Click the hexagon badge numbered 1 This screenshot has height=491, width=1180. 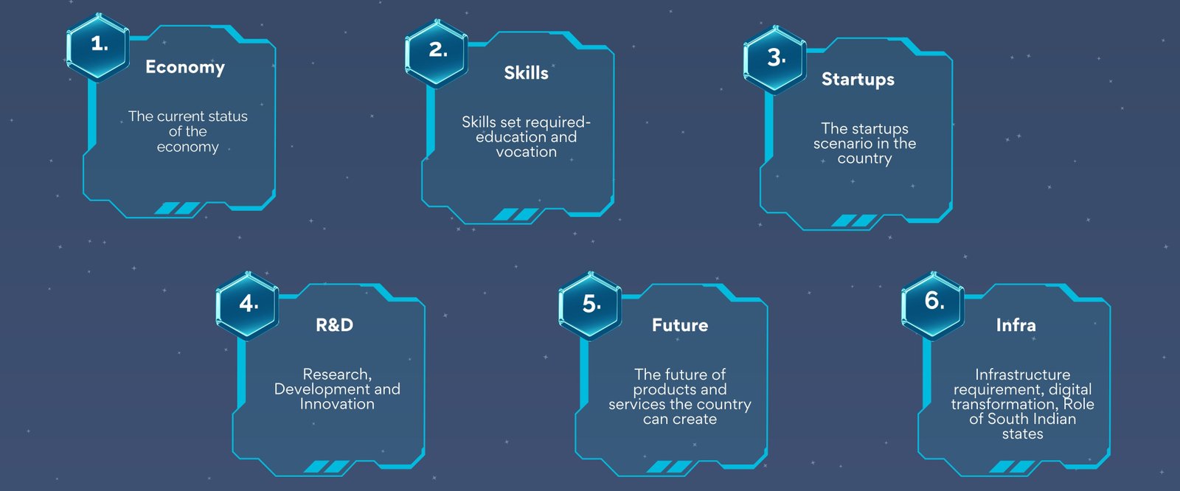coord(98,47)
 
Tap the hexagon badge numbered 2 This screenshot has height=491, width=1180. coord(436,53)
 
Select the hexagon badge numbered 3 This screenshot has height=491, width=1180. coord(775,60)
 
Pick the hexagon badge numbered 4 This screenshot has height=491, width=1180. coord(247,305)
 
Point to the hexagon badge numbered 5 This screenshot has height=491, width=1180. coord(590,305)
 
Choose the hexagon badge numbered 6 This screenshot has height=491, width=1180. coord(933,305)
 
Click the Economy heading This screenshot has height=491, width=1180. coord(185,67)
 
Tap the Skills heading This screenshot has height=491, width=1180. coord(527,73)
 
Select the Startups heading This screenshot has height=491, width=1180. coord(858,80)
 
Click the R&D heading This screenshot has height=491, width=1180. coord(335,325)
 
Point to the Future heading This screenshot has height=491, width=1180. coord(680,325)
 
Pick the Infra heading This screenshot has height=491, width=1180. coord(1016,325)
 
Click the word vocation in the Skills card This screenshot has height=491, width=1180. coord(527,153)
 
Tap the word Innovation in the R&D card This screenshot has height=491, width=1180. coord(337,404)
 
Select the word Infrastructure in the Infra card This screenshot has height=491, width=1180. coord(1022,375)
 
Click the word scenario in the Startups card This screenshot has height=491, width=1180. coord(841,144)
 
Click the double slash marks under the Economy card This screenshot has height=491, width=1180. coord(178,209)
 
